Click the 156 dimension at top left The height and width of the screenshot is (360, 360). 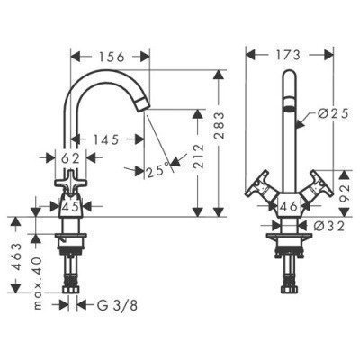tap(110, 55)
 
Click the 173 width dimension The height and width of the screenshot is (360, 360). tap(289, 57)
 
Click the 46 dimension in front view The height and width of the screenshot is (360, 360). tap(289, 206)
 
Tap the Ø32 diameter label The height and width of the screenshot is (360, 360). tap(332, 228)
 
